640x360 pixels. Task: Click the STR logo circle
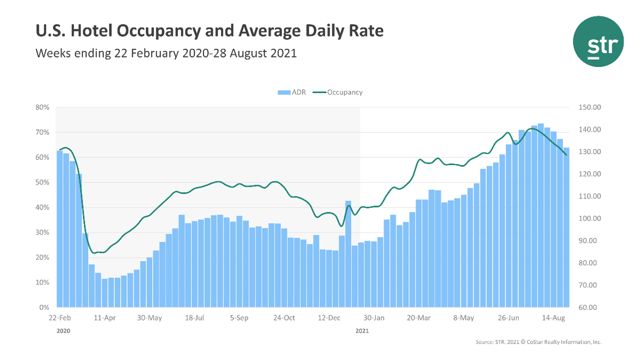(x=598, y=41)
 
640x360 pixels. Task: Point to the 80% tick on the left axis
(x=42, y=107)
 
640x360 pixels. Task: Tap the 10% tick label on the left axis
(x=42, y=283)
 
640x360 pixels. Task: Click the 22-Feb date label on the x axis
(x=60, y=318)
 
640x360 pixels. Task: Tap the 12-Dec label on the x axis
(x=330, y=318)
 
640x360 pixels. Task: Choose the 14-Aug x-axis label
(x=554, y=318)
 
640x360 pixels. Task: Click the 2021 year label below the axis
(x=362, y=331)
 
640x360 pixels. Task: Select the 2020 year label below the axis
(x=63, y=331)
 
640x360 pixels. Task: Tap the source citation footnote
(x=538, y=342)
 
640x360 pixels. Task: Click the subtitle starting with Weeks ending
(x=166, y=53)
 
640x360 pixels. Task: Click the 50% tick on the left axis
(x=42, y=183)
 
